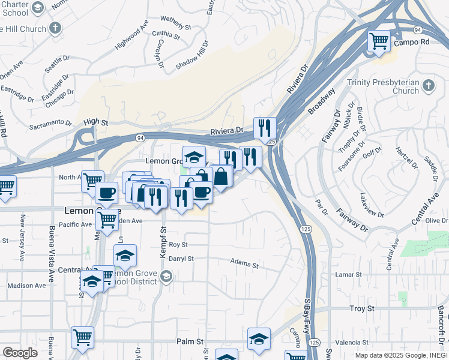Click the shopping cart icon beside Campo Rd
tap(379, 41)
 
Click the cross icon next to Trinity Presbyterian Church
tap(428, 86)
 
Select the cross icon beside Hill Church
tap(55, 28)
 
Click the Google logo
tap(20, 353)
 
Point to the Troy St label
tap(362, 308)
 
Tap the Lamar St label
tap(348, 274)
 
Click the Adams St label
tap(244, 264)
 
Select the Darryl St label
tap(181, 259)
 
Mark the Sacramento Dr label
tap(54, 124)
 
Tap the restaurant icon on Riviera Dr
tap(264, 128)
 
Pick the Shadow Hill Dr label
tap(191, 55)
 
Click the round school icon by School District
tap(166, 277)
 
